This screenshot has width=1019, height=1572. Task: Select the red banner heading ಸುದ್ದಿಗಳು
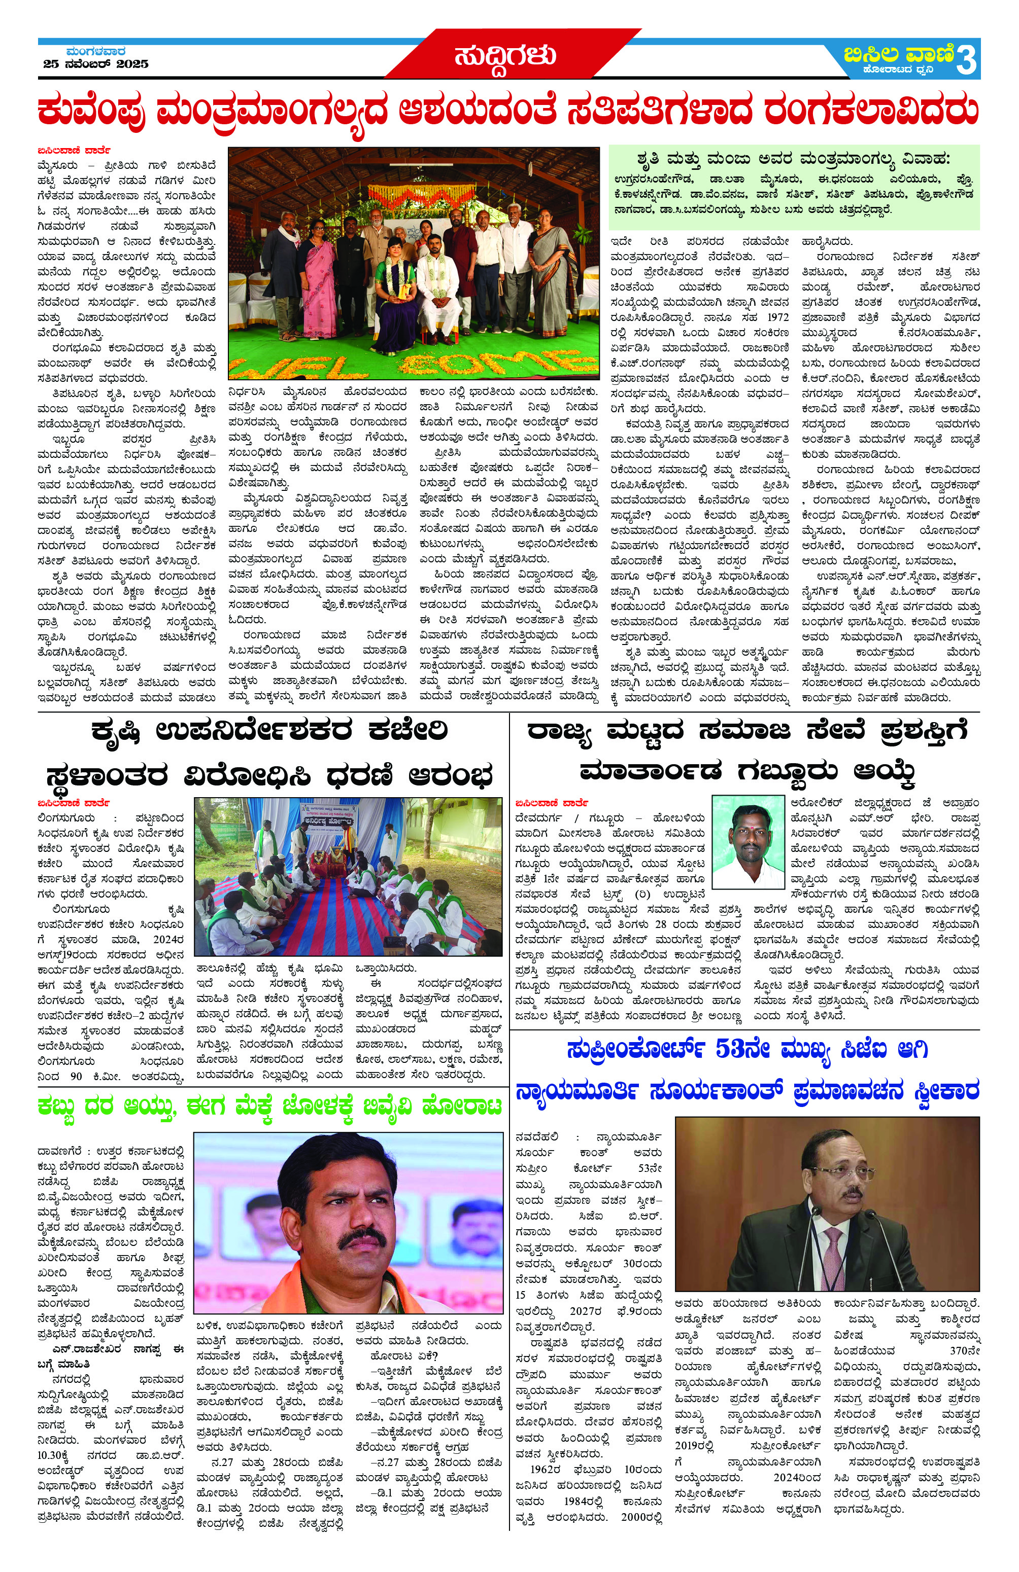pos(505,57)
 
